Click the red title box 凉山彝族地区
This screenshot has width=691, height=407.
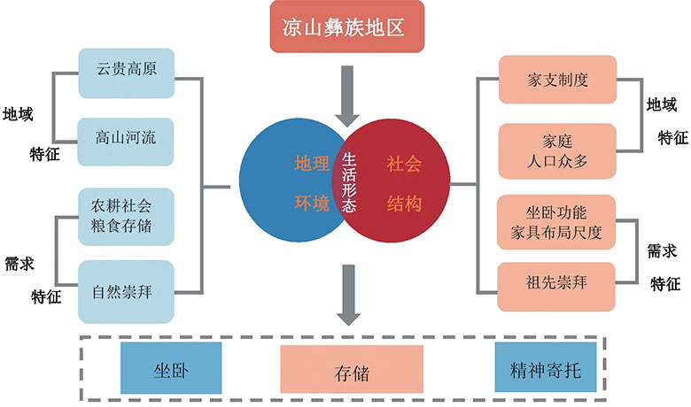pyautogui.click(x=346, y=28)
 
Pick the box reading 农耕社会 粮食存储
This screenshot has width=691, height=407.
pyautogui.click(x=126, y=215)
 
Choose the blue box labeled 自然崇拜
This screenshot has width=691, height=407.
pyautogui.click(x=126, y=288)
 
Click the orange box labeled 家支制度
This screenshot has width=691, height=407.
pyautogui.click(x=556, y=81)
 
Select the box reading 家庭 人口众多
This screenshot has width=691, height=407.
pyautogui.click(x=556, y=150)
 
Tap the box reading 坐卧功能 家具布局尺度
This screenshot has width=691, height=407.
pyautogui.click(x=556, y=223)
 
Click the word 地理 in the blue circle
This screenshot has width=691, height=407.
pyautogui.click(x=311, y=164)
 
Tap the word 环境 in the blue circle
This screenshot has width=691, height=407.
pyautogui.click(x=311, y=203)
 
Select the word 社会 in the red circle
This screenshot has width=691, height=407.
pyautogui.click(x=403, y=164)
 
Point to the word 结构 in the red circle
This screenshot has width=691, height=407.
pyautogui.click(x=403, y=203)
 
